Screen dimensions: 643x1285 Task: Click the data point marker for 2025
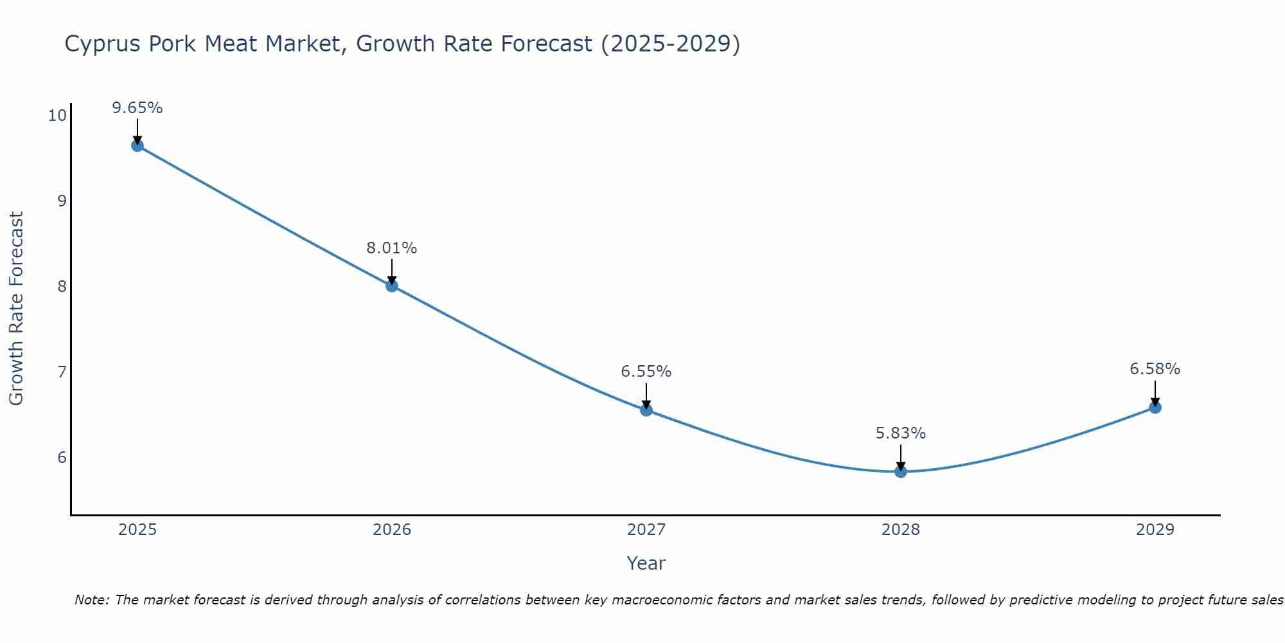[x=137, y=145]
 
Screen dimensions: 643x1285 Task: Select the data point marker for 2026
[x=392, y=285]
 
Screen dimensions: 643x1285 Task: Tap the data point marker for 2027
[x=646, y=410]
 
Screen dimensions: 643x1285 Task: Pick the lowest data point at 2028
[x=901, y=471]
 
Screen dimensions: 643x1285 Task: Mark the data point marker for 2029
[x=1155, y=407]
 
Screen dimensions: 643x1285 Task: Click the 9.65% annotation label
[x=137, y=108]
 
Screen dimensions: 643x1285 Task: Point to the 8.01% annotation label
[x=392, y=248]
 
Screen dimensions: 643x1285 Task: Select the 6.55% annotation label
[x=646, y=372]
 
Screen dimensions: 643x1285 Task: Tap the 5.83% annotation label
[x=901, y=433]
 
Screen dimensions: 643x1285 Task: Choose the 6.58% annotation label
[x=1155, y=369]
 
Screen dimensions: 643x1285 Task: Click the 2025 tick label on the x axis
[x=137, y=530]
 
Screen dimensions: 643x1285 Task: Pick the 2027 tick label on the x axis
[x=646, y=530]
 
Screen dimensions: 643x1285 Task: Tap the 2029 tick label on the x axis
[x=1155, y=530]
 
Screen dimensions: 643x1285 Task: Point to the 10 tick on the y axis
[x=57, y=116]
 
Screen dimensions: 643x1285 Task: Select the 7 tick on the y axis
[x=62, y=372]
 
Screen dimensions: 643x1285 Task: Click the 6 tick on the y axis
[x=62, y=458]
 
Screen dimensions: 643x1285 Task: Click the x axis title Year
[x=646, y=563]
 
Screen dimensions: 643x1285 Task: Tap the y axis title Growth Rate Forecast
[x=17, y=309]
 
